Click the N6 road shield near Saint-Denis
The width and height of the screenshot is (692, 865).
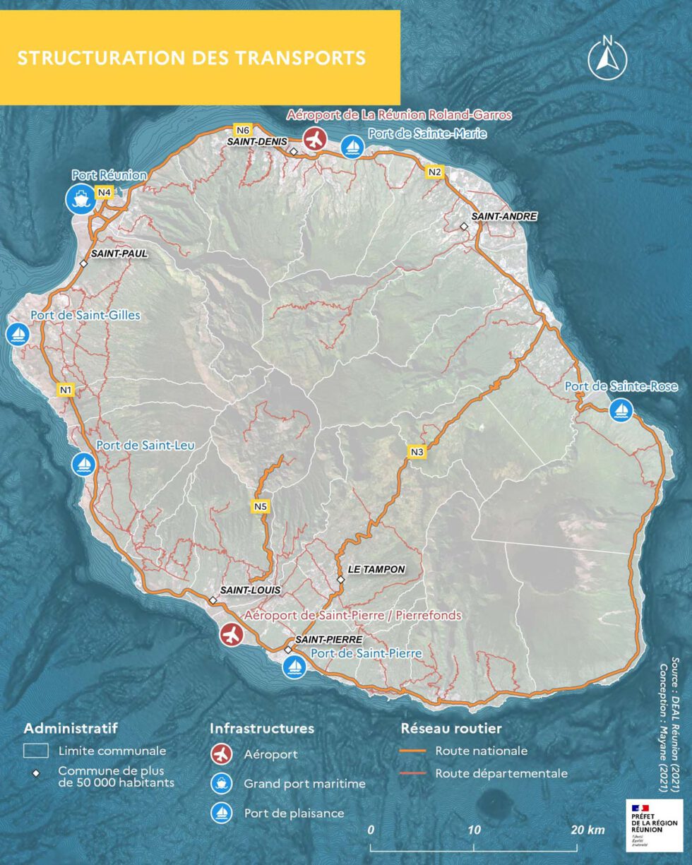[243, 130]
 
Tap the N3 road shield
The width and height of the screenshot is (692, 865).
[417, 452]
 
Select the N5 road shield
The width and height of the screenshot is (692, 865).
[261, 506]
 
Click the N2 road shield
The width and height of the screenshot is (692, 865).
[434, 172]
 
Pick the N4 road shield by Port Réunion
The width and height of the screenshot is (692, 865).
[105, 192]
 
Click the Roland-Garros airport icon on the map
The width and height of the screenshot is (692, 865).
[314, 138]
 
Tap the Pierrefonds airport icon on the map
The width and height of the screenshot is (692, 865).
[231, 635]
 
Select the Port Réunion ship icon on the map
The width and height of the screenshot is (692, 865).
[80, 198]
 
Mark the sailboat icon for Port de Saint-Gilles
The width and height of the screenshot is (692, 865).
[18, 334]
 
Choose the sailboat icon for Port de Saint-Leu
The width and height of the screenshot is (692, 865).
[83, 464]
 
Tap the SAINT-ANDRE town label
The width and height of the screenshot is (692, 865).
[504, 216]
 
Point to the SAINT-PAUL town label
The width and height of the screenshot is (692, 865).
[119, 253]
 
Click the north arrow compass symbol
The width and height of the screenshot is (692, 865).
[607, 58]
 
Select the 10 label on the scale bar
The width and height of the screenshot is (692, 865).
[474, 830]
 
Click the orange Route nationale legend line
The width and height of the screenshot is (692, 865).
[413, 751]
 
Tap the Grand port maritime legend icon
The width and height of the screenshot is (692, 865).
[222, 784]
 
